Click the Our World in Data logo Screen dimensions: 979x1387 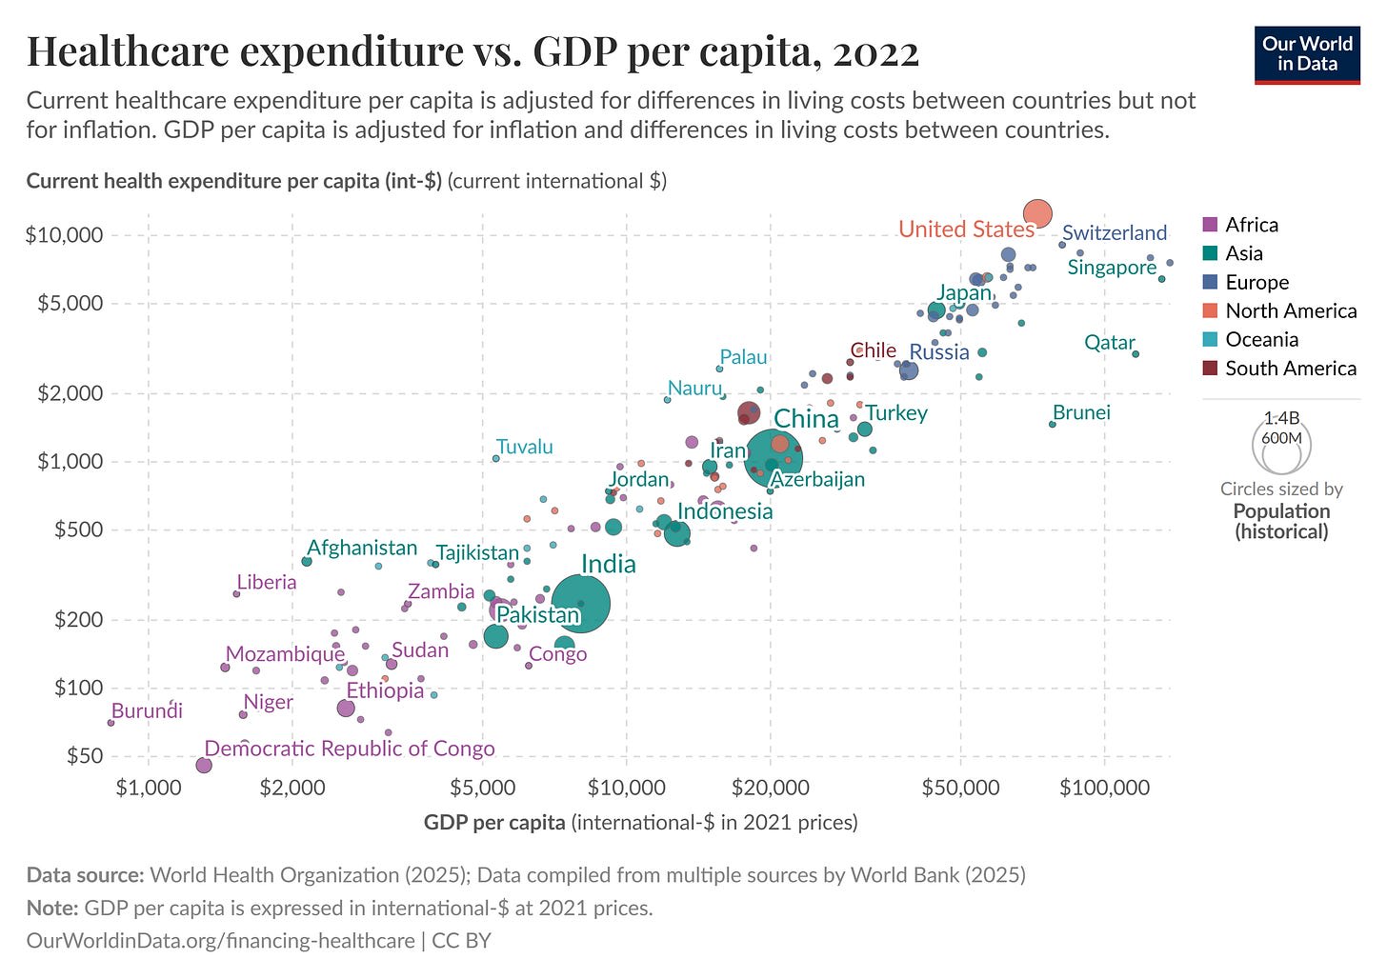[1307, 54]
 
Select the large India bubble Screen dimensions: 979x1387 [581, 603]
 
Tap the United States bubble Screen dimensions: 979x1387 [1037, 213]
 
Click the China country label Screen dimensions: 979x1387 [806, 419]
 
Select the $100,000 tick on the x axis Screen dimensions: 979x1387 [1105, 788]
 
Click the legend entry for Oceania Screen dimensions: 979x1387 [1261, 340]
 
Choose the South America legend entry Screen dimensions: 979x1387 [1290, 369]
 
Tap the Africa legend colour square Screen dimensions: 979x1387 [1211, 225]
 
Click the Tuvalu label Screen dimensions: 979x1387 [524, 447]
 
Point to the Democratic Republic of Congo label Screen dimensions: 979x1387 [350, 749]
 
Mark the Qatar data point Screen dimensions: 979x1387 [1136, 354]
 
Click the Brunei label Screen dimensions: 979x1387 [1081, 412]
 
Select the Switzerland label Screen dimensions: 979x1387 [1114, 232]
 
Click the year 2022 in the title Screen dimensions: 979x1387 [875, 51]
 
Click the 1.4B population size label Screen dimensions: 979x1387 [1281, 418]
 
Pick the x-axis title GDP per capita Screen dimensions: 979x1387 [494, 822]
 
